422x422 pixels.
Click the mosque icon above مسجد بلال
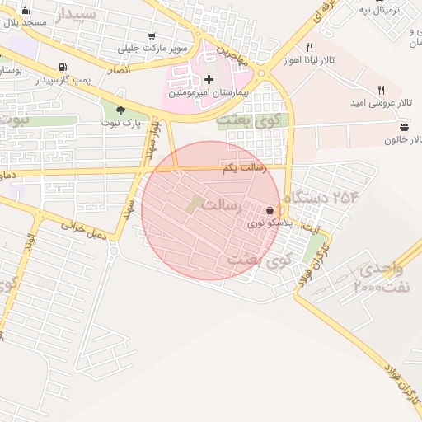click(25, 12)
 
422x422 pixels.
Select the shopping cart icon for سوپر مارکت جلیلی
click(152, 35)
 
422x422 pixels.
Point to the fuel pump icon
click(63, 68)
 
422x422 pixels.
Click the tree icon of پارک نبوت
click(121, 110)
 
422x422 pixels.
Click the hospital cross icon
click(209, 80)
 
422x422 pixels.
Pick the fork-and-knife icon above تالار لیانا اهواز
click(309, 47)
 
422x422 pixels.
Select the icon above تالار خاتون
click(404, 127)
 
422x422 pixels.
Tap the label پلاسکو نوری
click(268, 223)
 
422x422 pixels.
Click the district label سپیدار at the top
click(77, 14)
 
